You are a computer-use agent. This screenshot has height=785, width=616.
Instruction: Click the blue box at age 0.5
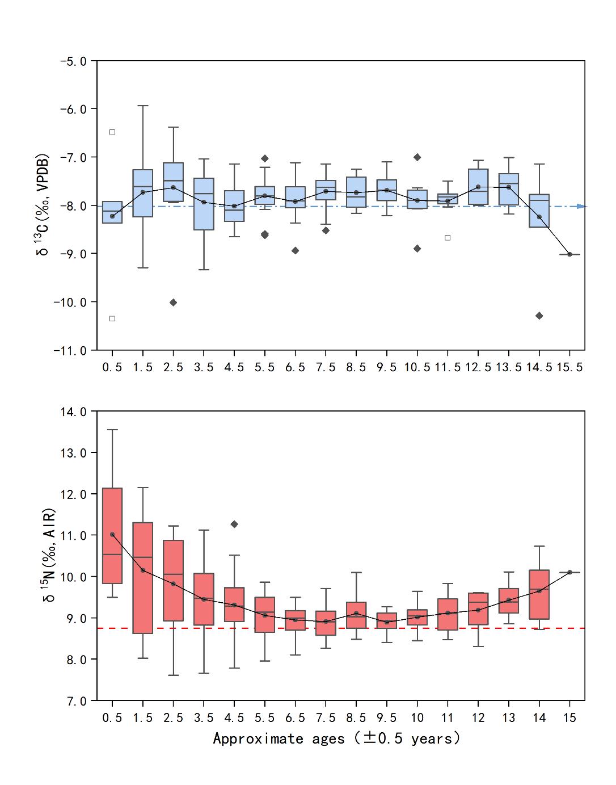coord(112,212)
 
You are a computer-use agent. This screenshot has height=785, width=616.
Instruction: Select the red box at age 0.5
coord(112,535)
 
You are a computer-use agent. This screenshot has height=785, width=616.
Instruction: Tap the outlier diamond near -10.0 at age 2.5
coord(174,303)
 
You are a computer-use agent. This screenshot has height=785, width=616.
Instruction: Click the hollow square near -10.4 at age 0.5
coord(112,318)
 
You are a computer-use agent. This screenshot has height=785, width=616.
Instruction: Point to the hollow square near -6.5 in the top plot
coord(112,132)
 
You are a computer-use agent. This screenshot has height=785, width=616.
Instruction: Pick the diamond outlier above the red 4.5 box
coord(234,524)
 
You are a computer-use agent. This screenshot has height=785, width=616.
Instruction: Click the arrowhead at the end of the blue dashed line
coord(581,206)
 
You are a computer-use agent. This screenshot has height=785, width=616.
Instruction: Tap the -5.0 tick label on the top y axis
coord(74,61)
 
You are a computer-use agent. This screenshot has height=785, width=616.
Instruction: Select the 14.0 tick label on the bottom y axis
coord(74,412)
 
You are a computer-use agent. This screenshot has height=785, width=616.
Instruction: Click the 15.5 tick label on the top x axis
coord(569,367)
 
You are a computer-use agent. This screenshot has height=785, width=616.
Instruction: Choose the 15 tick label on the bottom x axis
coord(569,718)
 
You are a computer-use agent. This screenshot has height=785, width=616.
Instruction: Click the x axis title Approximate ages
coord(336,738)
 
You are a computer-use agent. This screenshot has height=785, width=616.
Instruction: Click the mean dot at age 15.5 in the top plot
coord(569,254)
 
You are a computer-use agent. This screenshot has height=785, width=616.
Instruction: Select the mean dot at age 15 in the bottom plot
coord(569,572)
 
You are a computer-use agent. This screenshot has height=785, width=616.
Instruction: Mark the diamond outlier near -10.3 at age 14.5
coord(539,316)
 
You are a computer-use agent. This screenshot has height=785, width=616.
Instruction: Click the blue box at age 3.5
coord(204,204)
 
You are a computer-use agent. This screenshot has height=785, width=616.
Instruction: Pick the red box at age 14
coord(539,594)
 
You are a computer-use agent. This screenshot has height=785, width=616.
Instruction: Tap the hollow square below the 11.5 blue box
coord(448,238)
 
